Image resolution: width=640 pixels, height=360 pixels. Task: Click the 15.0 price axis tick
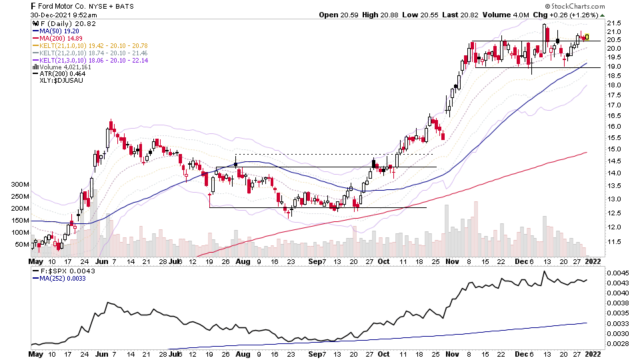614,149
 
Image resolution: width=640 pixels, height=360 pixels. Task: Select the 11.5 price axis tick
614,242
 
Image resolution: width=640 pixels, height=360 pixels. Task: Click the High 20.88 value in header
378,15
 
